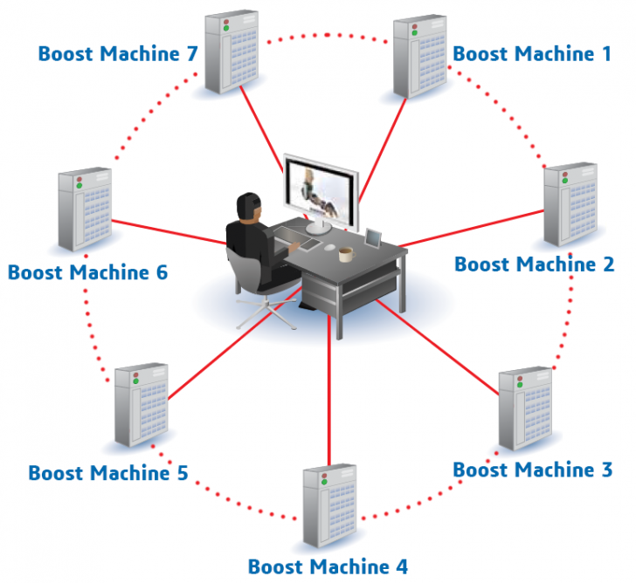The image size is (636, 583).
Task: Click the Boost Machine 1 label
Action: pyautogui.click(x=532, y=54)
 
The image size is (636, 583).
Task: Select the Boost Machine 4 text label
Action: pyautogui.click(x=328, y=566)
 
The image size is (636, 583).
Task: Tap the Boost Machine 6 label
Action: pyautogui.click(x=87, y=271)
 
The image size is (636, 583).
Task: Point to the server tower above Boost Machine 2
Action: pyautogui.click(x=570, y=202)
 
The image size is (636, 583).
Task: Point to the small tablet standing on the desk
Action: pyautogui.click(x=374, y=237)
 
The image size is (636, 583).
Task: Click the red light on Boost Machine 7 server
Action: pyautogui.click(x=211, y=20)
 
